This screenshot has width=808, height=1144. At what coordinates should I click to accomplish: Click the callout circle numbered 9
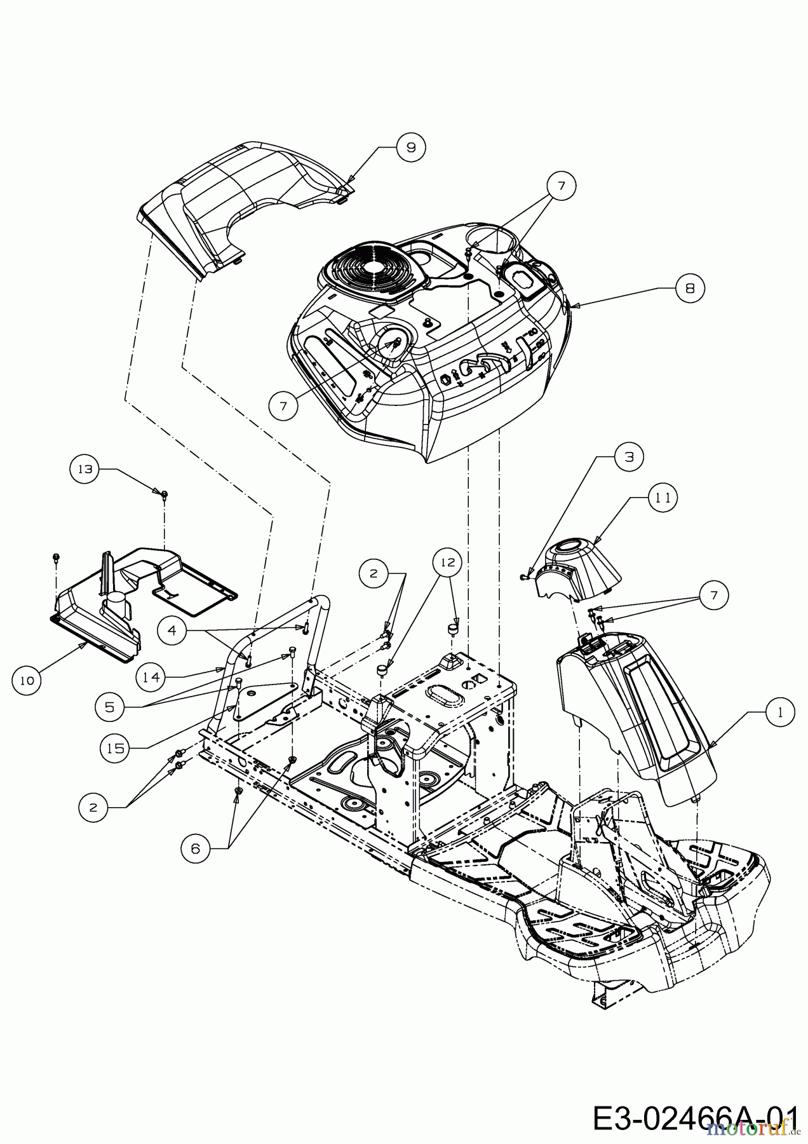coord(410,147)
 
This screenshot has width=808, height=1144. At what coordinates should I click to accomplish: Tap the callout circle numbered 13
coord(85,469)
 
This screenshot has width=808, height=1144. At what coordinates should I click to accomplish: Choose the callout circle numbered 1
coord(779,713)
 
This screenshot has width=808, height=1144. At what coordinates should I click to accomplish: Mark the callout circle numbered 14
coord(151,678)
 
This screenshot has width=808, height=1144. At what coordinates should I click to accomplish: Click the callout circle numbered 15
coord(115,749)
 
